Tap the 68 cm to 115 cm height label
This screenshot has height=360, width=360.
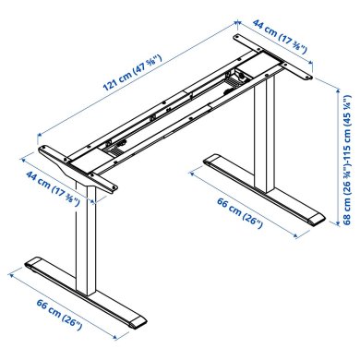pyautogui.click(x=348, y=171)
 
